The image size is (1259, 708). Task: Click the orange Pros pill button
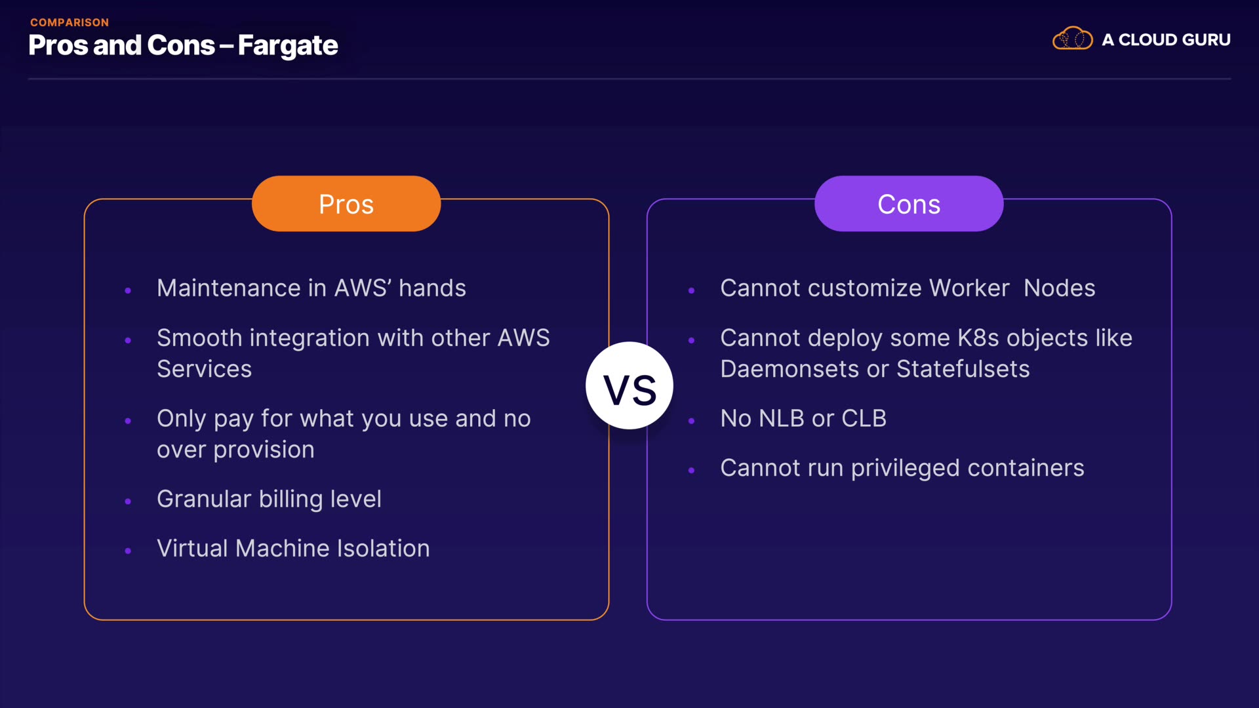[346, 204]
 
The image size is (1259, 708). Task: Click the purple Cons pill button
[909, 204]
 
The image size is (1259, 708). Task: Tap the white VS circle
[629, 386]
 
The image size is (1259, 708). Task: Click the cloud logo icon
[1072, 39]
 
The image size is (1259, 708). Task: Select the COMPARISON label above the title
[70, 22]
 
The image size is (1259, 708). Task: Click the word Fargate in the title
[288, 46]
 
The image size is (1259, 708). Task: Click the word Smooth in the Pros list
[199, 338]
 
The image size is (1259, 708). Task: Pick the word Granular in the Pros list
[203, 500]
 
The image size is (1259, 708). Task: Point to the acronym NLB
[781, 419]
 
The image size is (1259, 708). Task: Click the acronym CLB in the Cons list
[864, 419]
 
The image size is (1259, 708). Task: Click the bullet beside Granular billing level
[128, 501]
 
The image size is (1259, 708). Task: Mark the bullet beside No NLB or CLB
[691, 421]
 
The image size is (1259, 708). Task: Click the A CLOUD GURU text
[1166, 40]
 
